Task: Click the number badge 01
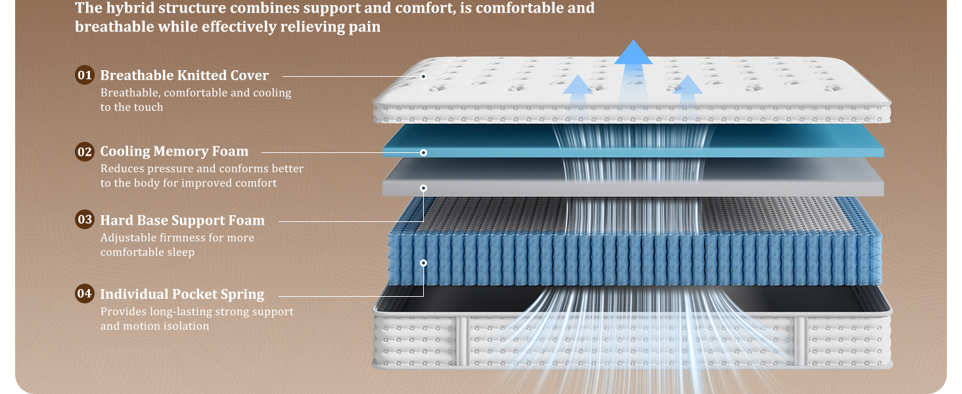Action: click(x=85, y=75)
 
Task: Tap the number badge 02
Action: click(x=85, y=152)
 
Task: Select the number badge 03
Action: click(x=85, y=219)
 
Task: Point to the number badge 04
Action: click(x=85, y=294)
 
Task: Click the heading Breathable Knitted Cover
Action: click(x=184, y=76)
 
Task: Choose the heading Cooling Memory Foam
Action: click(x=174, y=152)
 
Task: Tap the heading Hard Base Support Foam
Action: click(x=182, y=220)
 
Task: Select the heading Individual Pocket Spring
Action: click(x=182, y=294)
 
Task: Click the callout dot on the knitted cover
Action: click(x=423, y=77)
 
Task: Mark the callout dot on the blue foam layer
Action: click(x=423, y=152)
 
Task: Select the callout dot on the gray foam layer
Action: click(x=423, y=188)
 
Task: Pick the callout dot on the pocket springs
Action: click(x=423, y=263)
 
